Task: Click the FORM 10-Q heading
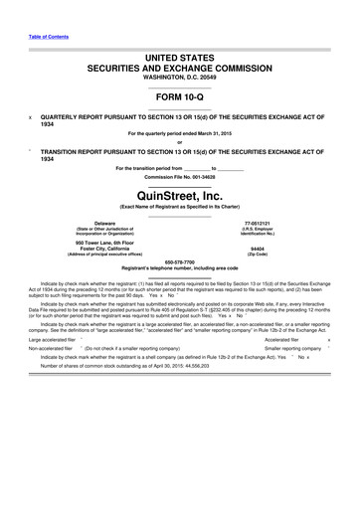179,97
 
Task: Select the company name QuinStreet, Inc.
179,197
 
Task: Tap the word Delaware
103,224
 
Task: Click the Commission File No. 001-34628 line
179,176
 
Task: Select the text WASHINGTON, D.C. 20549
179,76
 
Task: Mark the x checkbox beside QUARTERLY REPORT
30,115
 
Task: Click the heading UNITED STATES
179,48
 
